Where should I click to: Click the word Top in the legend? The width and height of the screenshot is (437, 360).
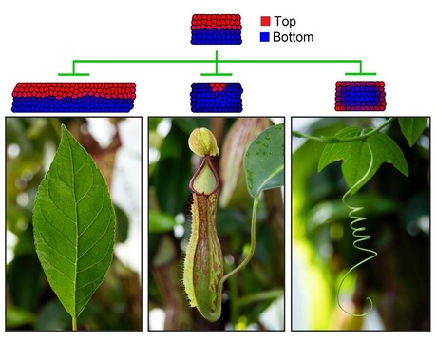pos(285,20)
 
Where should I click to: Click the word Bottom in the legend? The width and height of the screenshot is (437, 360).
pos(293,37)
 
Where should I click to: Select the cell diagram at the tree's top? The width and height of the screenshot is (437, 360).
pos(216,29)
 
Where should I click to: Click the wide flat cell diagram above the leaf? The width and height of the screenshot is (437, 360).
pos(72,97)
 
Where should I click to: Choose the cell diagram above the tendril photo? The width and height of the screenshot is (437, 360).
pos(360,96)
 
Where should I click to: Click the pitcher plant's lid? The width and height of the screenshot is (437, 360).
pos(202,142)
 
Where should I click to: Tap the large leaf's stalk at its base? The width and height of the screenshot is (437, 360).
pos(74,323)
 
